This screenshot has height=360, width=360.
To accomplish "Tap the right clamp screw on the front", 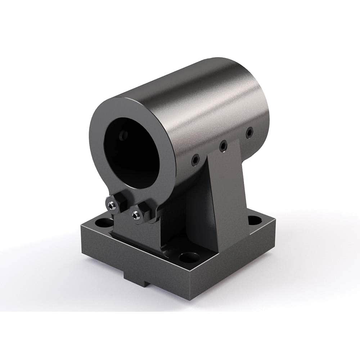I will [136, 215].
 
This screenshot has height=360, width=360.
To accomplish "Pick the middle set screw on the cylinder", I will [223, 145].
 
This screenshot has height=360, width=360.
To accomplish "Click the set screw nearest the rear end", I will [248, 133].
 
